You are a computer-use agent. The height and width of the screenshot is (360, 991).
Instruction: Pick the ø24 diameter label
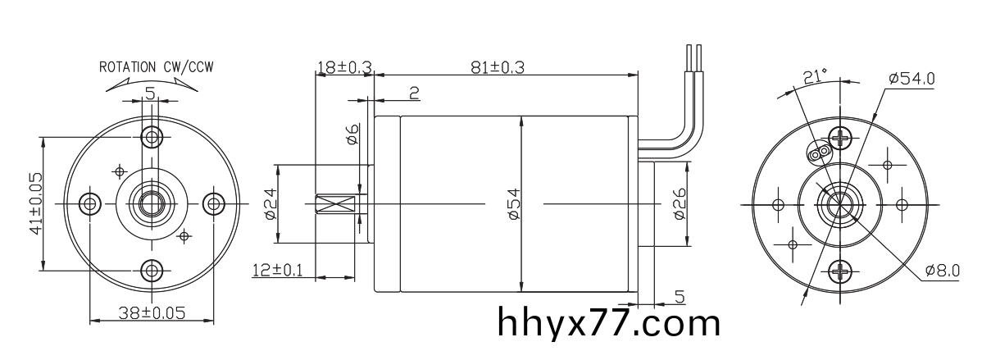[x=268, y=203]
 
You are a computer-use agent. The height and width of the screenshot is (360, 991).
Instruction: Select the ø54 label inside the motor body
[x=513, y=203]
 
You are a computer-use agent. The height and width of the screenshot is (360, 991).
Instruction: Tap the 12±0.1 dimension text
[x=277, y=270]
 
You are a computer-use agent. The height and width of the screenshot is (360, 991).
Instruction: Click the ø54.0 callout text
[x=911, y=78]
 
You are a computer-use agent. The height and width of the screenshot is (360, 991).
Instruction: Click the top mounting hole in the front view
[x=151, y=135]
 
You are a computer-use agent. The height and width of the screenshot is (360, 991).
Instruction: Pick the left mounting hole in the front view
[x=89, y=203]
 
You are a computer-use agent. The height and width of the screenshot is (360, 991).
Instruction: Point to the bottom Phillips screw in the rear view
[x=841, y=271]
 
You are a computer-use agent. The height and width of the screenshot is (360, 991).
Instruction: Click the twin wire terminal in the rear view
[x=818, y=153]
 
